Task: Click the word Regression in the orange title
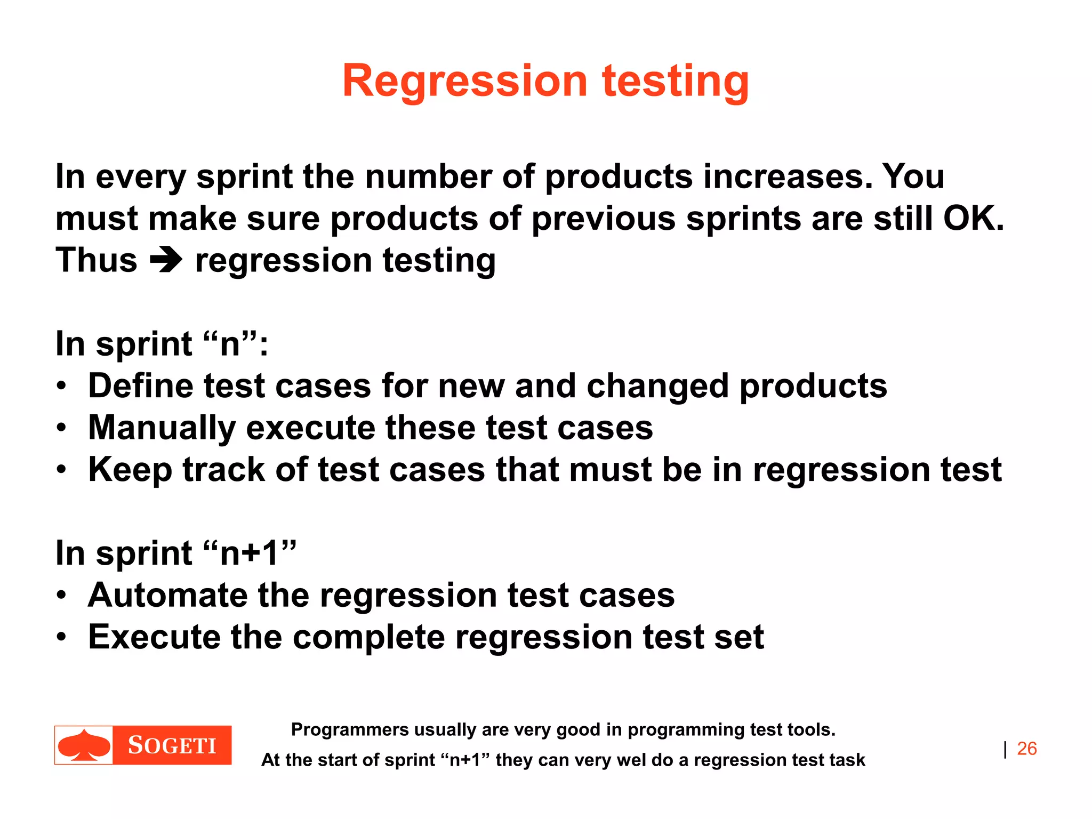[x=464, y=81]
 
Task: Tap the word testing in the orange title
[x=676, y=81]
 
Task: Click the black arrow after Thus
[x=166, y=261]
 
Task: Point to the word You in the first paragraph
[x=913, y=176]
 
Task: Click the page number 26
[x=1026, y=749]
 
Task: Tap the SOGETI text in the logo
[x=172, y=745]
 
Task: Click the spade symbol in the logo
[x=84, y=745]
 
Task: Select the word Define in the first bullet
[x=140, y=386]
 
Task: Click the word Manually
[x=162, y=428]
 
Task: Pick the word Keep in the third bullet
[x=130, y=470]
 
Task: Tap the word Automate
[x=167, y=595]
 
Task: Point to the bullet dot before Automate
[x=62, y=595]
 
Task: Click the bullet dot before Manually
[x=62, y=428]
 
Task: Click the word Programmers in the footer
[x=349, y=729]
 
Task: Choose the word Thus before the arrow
[x=97, y=261]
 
